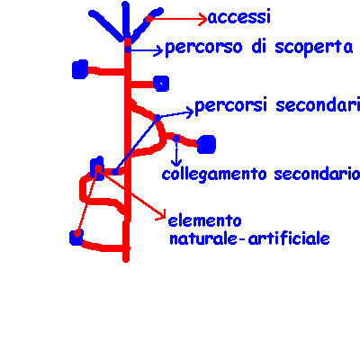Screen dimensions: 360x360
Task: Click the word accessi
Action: (x=239, y=17)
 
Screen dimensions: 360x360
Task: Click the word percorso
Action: (x=203, y=48)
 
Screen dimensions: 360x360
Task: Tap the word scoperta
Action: (x=314, y=48)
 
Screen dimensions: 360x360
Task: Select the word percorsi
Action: (x=230, y=106)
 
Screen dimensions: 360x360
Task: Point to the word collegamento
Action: (x=214, y=175)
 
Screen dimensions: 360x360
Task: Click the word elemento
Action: (x=204, y=221)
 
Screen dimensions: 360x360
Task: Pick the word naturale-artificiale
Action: (x=249, y=239)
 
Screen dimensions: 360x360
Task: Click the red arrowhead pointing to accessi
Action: (x=203, y=19)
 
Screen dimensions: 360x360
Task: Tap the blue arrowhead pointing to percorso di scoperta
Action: (x=158, y=49)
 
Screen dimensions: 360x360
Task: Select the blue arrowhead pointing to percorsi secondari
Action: (x=190, y=112)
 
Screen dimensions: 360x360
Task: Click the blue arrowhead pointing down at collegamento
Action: (x=176, y=164)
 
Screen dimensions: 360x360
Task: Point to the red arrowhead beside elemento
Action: (x=162, y=215)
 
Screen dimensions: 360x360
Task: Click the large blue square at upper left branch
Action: (x=80, y=69)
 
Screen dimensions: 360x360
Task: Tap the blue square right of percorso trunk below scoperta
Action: (x=161, y=84)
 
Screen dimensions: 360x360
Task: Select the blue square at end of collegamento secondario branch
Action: (x=206, y=144)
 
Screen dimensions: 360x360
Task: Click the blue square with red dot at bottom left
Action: (x=76, y=238)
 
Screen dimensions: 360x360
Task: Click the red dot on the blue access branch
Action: (x=148, y=19)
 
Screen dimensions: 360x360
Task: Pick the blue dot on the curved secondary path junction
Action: (x=157, y=118)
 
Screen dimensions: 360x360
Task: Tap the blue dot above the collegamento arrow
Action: (x=176, y=139)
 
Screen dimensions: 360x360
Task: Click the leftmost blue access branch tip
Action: (x=92, y=13)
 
